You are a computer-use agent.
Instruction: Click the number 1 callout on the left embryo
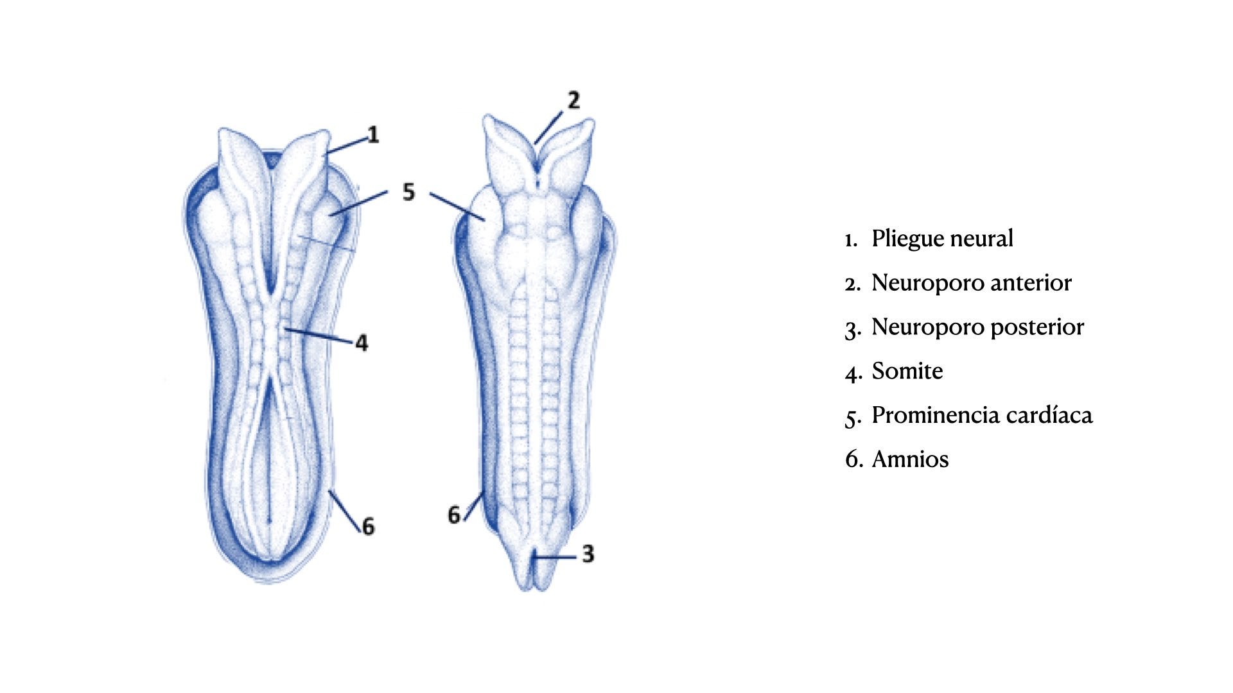click(x=373, y=135)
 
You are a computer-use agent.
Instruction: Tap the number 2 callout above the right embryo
click(x=573, y=100)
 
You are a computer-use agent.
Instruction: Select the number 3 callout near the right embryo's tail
click(x=588, y=554)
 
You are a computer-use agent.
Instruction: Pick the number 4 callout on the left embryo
click(x=362, y=343)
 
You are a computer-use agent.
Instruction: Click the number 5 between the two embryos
click(x=409, y=192)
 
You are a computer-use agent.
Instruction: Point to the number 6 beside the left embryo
click(x=368, y=527)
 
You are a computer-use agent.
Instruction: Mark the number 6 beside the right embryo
click(x=454, y=515)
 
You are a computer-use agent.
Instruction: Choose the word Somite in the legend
click(x=907, y=372)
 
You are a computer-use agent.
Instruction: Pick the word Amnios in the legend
click(x=909, y=459)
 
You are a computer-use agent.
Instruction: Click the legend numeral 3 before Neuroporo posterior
click(x=852, y=329)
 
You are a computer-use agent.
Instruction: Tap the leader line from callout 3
click(x=556, y=558)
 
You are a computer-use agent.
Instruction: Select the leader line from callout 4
click(x=321, y=336)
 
